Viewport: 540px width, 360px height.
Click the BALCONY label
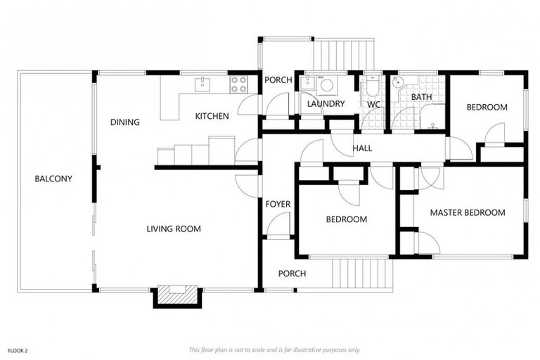coord(53,179)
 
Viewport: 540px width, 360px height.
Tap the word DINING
coord(124,122)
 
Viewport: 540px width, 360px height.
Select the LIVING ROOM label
coord(174,229)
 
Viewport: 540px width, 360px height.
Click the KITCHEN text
coord(212,116)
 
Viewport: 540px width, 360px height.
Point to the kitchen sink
coord(202,84)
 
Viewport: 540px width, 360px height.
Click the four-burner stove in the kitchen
coord(239,84)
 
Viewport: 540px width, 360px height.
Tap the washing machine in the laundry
coord(327,85)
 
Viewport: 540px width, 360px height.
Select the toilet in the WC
coord(372,86)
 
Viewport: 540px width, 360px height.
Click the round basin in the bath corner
coord(398,82)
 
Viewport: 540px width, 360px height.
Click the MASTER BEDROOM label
coord(467,212)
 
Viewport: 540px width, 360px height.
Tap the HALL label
coord(362,148)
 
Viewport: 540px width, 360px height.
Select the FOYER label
coord(278,204)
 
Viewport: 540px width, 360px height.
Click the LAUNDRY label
coord(326,104)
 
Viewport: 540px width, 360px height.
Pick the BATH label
coord(421,97)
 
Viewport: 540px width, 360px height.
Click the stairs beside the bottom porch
coord(360,274)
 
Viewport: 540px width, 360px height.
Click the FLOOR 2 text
coord(18,349)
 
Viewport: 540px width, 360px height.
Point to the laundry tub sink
coord(308,83)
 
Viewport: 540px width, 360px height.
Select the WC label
coord(373,105)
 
